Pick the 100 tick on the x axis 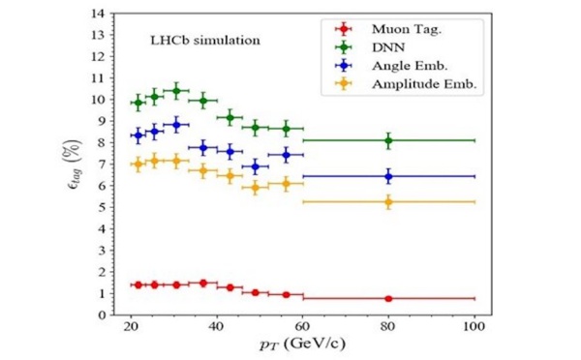click(474, 327)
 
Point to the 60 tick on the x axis click(303, 327)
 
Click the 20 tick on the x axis click(132, 327)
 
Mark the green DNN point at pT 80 click(388, 140)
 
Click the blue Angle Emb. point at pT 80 click(388, 176)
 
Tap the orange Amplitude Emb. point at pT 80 click(388, 201)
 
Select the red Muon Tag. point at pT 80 click(388, 298)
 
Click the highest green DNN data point click(175, 91)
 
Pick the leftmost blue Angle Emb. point click(138, 135)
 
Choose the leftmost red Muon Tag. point click(138, 285)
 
